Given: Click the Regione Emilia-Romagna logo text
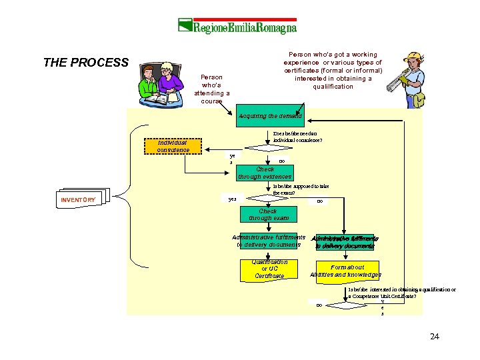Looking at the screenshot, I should point(244,27).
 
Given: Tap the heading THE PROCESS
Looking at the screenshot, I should point(85,63).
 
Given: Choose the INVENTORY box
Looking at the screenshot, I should point(79,199).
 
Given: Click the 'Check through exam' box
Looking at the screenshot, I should point(269,215).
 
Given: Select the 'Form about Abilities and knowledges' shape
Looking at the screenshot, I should point(345,271).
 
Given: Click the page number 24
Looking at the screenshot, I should point(435,336).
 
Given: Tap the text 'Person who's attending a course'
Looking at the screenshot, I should point(211,89).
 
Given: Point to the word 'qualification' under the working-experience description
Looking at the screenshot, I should point(333,87).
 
